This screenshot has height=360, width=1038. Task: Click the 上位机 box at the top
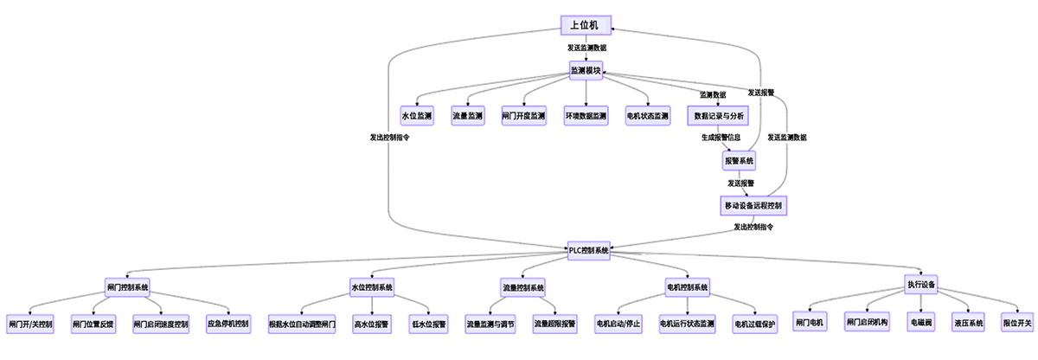(x=585, y=24)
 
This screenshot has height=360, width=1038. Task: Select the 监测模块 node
(x=585, y=70)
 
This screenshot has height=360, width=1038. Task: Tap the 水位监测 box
(x=416, y=115)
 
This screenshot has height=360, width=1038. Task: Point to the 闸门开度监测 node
(x=524, y=115)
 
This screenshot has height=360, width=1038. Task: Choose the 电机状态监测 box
(x=648, y=115)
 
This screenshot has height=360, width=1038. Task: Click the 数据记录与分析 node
(x=717, y=115)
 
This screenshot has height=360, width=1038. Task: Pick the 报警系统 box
(x=739, y=161)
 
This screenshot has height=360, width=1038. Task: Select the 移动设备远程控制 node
(x=753, y=206)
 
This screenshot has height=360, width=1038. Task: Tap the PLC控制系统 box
(x=589, y=250)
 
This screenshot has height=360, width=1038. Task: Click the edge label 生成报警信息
(x=721, y=138)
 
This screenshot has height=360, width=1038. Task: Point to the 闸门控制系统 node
(x=128, y=286)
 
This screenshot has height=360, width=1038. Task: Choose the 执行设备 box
(x=920, y=284)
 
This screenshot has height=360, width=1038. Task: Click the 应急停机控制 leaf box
(x=227, y=325)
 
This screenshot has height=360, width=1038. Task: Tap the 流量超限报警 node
(x=554, y=325)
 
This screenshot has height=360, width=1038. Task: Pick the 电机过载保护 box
(x=754, y=325)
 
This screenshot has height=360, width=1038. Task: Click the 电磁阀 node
(x=919, y=323)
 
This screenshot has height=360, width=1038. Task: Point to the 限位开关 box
(x=1017, y=323)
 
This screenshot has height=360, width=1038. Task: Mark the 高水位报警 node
(x=371, y=325)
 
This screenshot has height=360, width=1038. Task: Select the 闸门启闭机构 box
(x=868, y=323)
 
